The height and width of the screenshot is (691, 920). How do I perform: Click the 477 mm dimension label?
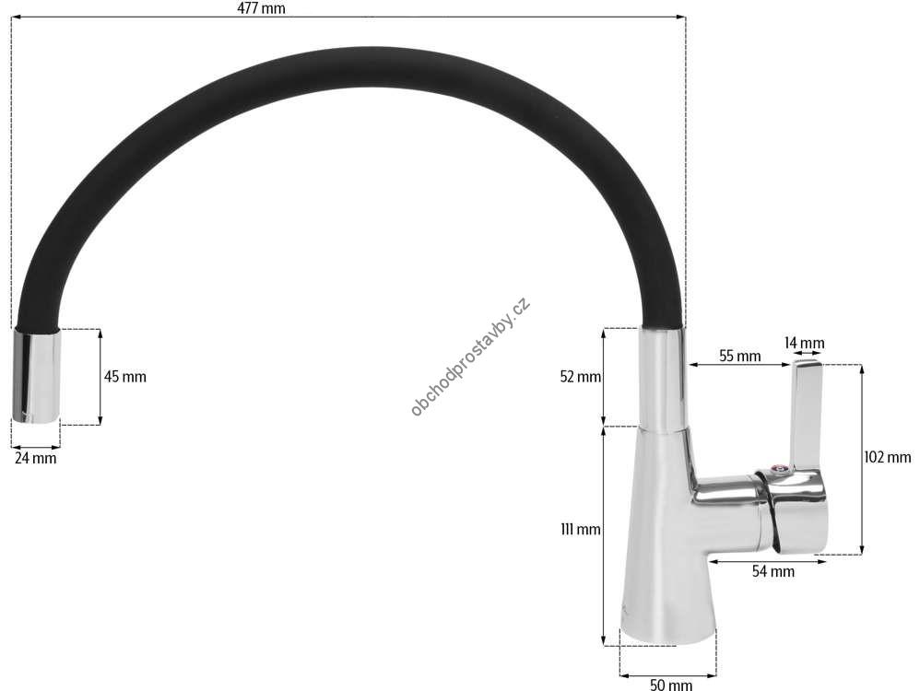click(261, 8)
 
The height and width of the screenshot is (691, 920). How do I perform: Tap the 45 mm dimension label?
click(125, 377)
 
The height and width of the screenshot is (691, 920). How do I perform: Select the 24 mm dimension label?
click(35, 458)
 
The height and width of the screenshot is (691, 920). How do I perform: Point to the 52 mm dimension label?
click(580, 377)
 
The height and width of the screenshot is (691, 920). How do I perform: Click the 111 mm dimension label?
click(580, 530)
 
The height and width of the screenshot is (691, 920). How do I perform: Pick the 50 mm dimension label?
click(670, 684)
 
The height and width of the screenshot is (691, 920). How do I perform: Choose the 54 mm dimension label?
click(773, 571)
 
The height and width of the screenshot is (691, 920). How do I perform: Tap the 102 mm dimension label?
click(887, 457)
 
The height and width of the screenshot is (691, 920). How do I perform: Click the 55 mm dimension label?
click(740, 356)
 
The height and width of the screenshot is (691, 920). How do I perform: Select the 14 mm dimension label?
click(805, 343)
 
